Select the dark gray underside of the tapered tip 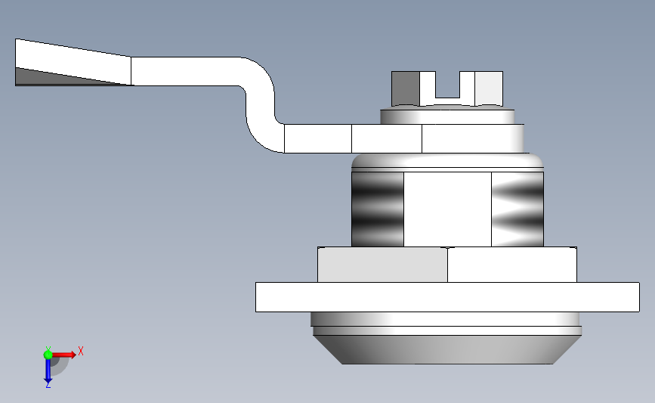click(x=45, y=77)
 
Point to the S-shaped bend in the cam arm click(x=258, y=102)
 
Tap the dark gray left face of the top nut click(x=406, y=88)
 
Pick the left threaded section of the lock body click(x=378, y=209)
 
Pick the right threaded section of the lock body click(x=518, y=209)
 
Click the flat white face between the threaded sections click(x=447, y=209)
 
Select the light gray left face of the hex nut click(x=382, y=265)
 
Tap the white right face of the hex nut click(x=511, y=265)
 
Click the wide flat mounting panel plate click(x=447, y=296)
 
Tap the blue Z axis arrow click(x=48, y=371)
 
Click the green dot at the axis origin click(x=48, y=355)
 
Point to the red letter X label click(x=80, y=351)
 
